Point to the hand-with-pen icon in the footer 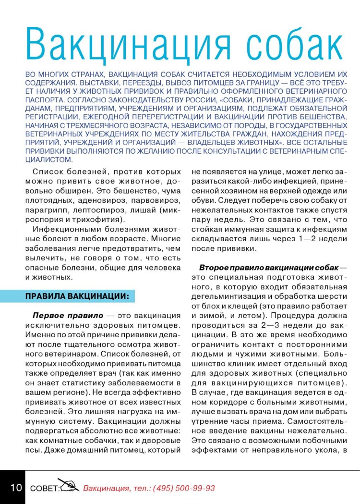point(68,485)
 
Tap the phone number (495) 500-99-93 point(184,488)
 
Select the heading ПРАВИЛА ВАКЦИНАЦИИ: point(77,296)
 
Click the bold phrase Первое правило point(68,316)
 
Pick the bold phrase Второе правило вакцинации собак point(269,267)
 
